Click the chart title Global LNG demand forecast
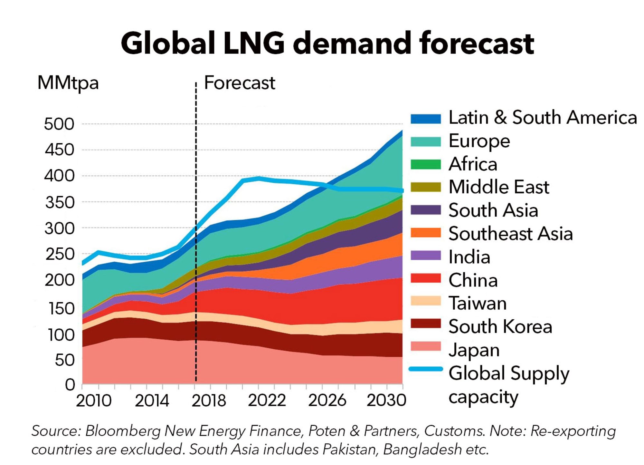tap(327, 43)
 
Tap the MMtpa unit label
tap(68, 83)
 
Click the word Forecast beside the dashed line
tap(240, 83)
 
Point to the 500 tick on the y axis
tap(59, 124)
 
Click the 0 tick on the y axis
tap(70, 384)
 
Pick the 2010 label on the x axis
tap(93, 401)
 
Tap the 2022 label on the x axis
tap(267, 401)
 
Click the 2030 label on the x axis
tap(386, 401)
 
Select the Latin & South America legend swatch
tap(425, 118)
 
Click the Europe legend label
tap(479, 141)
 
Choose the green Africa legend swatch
tap(425, 164)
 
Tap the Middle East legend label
tap(499, 187)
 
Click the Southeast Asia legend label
tap(510, 234)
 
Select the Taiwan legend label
tap(478, 303)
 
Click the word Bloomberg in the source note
tap(123, 431)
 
